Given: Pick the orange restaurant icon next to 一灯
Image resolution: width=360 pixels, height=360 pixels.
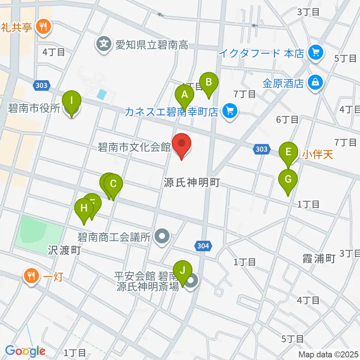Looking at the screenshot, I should [30, 277].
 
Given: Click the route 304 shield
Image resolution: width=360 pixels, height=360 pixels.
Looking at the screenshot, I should [204, 246].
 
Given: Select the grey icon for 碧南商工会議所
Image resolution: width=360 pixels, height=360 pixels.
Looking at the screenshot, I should [162, 237].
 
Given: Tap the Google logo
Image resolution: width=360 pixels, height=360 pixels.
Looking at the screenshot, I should [25, 351].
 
